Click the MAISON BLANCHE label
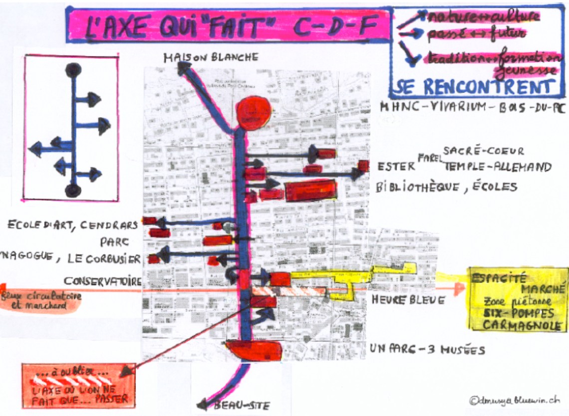pyautogui.click(x=211, y=58)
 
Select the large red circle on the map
pyautogui.click(x=253, y=113)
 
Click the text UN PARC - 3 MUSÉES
pyautogui.click(x=427, y=350)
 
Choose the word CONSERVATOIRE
pyautogui.click(x=102, y=281)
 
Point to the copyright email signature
pyautogui.click(x=514, y=400)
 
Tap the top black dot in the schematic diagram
pyautogui.click(x=73, y=70)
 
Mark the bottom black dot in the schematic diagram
pyautogui.click(x=73, y=190)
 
